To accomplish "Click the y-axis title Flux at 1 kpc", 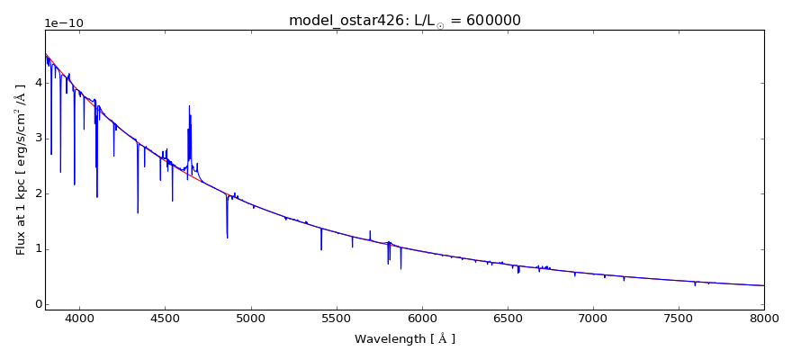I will [21, 169].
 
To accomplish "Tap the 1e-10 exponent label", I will [64, 22].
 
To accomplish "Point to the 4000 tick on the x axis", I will [79, 318].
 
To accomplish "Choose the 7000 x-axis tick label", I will [592, 318].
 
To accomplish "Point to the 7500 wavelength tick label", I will [678, 318].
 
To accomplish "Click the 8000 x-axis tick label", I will [763, 318].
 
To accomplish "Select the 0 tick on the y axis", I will [37, 304].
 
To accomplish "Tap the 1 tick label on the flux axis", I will [37, 249].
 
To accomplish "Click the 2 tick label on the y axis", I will [37, 193].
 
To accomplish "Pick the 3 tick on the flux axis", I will [37, 138].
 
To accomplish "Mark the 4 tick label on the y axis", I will [37, 83].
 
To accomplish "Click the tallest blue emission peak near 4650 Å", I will [189, 107].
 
